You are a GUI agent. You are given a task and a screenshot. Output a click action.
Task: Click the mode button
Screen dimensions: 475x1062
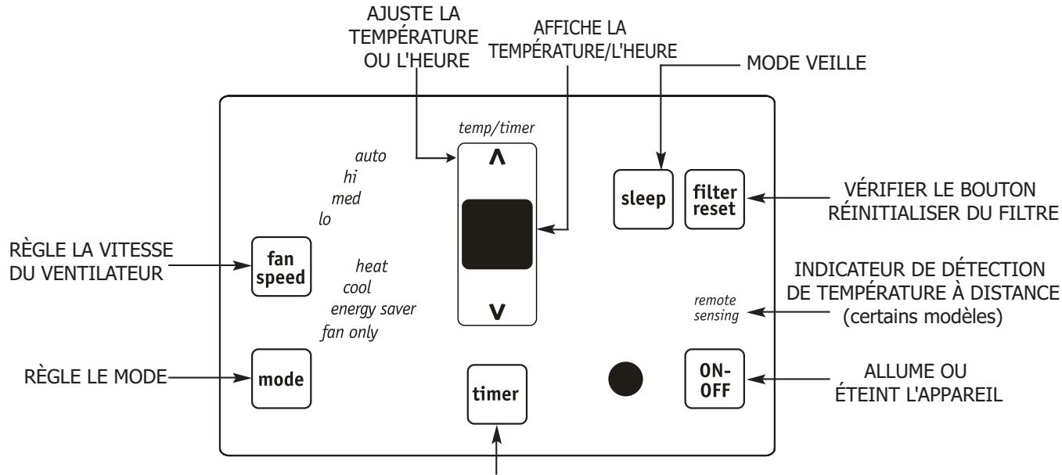coord(276,378)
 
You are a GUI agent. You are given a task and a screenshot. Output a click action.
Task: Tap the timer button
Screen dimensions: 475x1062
coord(494,394)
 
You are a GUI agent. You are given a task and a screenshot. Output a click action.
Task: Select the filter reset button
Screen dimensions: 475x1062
coord(714,199)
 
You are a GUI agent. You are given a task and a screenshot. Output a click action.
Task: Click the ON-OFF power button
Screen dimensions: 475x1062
coord(714,379)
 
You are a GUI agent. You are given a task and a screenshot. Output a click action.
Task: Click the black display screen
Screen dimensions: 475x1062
coord(497,235)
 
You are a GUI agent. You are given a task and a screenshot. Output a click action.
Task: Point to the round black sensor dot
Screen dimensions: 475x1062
coord(625,380)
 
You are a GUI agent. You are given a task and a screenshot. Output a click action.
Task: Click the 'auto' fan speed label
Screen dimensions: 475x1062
coord(370,156)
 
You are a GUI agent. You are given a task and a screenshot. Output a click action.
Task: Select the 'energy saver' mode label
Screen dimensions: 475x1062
coord(373,308)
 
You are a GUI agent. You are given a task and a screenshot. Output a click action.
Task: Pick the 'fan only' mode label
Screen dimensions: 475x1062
coord(350,332)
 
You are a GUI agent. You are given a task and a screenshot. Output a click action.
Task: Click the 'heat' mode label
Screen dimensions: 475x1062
coord(372,266)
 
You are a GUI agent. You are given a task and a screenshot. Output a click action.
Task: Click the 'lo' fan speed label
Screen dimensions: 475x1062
coord(325,219)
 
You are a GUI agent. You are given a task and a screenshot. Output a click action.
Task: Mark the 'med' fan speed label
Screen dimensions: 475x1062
coord(346,198)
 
